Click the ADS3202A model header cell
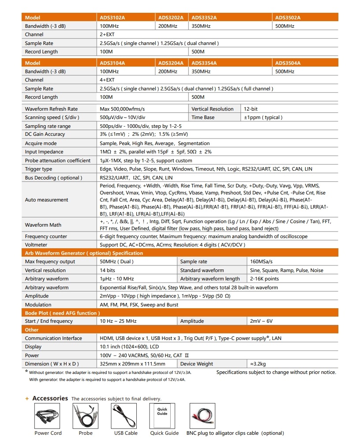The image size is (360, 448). click(171, 18)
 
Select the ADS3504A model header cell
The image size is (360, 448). click(288, 63)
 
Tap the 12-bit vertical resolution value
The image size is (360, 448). click(251, 109)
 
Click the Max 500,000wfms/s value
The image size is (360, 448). click(122, 109)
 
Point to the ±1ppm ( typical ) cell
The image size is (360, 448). click(263, 118)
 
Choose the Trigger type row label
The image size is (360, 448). click(38, 169)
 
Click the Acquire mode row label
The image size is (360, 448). click(41, 143)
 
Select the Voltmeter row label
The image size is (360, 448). click(36, 245)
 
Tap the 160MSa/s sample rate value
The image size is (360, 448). click(261, 261)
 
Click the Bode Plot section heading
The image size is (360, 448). click(62, 313)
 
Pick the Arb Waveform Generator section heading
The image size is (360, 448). click(84, 253)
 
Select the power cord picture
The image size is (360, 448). click(48, 416)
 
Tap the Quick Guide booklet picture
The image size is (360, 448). click(162, 416)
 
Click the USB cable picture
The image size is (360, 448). click(126, 416)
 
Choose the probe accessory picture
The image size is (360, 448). click(86, 416)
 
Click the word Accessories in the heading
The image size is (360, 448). click(50, 398)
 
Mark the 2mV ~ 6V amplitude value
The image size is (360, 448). click(261, 321)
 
